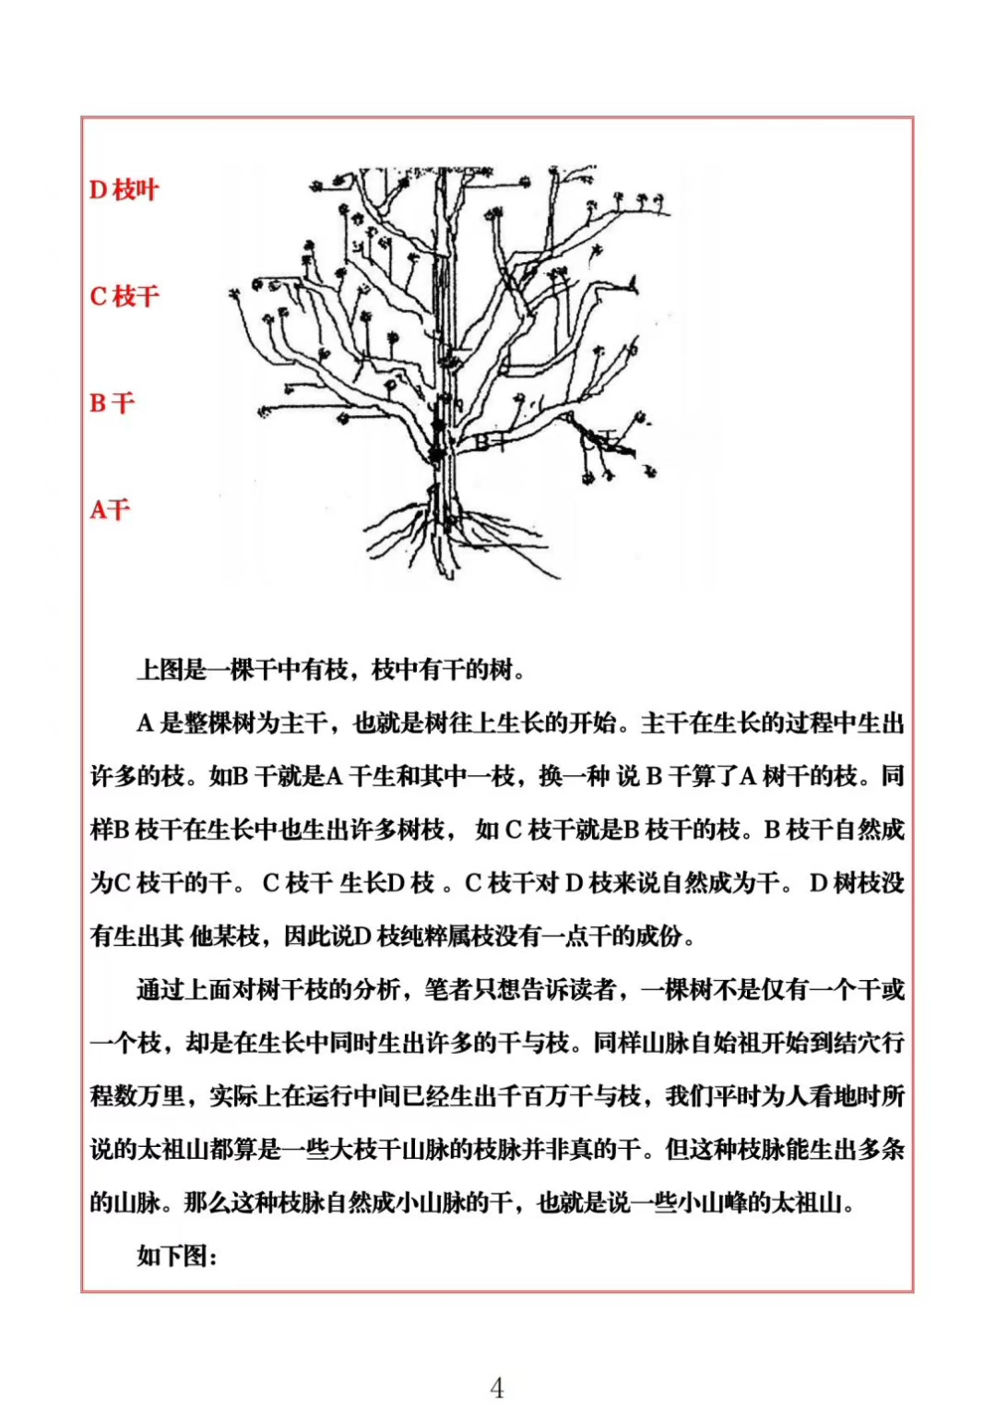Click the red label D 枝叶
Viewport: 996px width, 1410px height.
point(125,190)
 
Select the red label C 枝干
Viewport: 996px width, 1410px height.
point(125,296)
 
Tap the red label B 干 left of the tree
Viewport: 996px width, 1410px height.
point(113,403)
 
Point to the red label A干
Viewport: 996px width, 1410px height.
point(111,509)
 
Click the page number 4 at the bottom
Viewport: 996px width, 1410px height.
point(497,1387)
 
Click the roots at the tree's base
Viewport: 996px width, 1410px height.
point(452,535)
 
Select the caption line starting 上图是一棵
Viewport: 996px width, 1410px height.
point(332,669)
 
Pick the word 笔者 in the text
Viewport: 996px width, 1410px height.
point(448,990)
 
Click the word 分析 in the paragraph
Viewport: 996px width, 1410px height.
point(377,990)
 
